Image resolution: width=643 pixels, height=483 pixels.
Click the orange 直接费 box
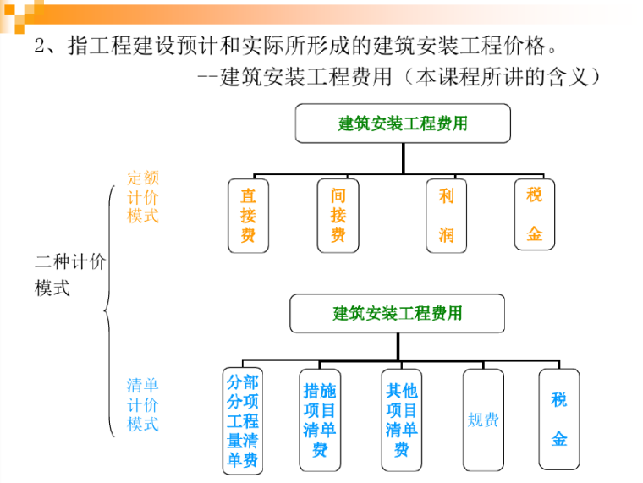coord(248,215)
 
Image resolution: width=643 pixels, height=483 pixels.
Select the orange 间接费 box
coord(338,215)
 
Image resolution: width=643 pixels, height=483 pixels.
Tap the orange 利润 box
coord(446,215)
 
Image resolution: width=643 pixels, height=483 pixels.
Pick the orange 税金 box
coord(534,213)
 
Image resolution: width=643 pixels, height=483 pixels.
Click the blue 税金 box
coord(559,420)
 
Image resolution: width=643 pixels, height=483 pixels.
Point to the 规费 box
coord(483,420)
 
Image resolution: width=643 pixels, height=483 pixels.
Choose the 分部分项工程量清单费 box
coord(242,420)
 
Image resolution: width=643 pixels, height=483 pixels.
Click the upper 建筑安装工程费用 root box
coord(403,123)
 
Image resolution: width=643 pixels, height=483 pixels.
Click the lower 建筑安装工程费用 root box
coord(397,314)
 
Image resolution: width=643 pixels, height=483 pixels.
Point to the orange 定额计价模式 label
coord(143,196)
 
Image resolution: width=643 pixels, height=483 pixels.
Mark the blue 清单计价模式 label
coord(143,405)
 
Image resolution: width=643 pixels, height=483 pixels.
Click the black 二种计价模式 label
coord(69,274)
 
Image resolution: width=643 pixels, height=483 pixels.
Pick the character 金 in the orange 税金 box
coord(534,234)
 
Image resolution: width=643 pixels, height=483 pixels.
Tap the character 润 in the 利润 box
coord(446,235)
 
